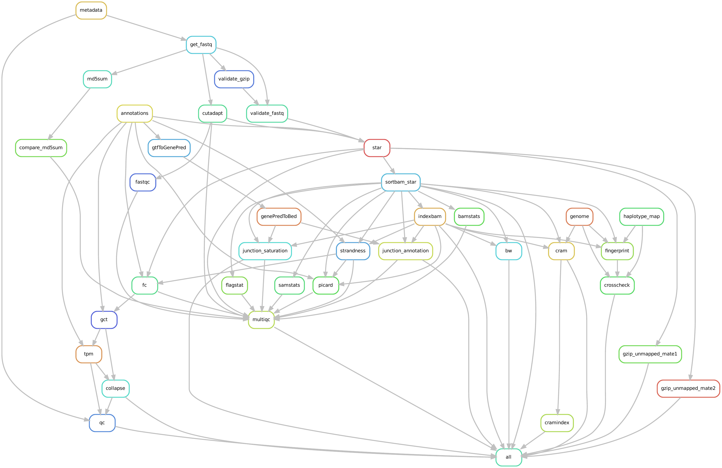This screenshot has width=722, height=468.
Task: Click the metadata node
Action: (x=91, y=10)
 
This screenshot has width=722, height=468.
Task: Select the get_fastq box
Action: (x=201, y=44)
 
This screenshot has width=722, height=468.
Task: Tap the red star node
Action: (x=377, y=148)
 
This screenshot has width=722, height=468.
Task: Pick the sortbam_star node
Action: (x=400, y=182)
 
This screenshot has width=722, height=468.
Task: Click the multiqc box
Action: (x=261, y=319)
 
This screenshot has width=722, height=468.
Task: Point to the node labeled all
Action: (x=508, y=457)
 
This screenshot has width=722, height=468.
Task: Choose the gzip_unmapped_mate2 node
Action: (x=688, y=388)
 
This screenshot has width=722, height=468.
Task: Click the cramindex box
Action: (x=557, y=423)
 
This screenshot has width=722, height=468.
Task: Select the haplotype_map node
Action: (x=641, y=216)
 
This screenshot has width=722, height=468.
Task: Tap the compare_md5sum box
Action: (x=41, y=148)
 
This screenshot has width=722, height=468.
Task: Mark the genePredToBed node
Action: (x=279, y=216)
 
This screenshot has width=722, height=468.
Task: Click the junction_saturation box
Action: (x=265, y=251)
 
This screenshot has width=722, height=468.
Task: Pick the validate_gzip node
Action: (x=234, y=79)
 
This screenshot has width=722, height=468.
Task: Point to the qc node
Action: (x=102, y=423)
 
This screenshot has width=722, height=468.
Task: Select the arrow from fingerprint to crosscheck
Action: (x=617, y=268)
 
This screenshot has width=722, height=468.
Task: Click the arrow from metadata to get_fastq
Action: (x=146, y=27)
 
